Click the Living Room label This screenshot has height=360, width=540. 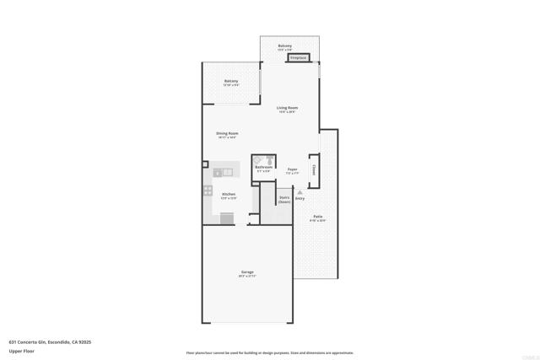click(288, 108)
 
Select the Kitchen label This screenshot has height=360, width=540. click(229, 194)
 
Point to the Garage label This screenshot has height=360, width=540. click(247, 271)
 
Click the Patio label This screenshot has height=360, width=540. click(317, 217)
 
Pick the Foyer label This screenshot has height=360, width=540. click(292, 169)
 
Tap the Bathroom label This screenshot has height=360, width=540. click(263, 168)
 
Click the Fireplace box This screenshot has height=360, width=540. click(300, 58)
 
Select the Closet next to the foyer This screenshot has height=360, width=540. click(314, 169)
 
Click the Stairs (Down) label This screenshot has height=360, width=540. click(284, 201)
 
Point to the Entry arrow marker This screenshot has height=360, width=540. click(300, 193)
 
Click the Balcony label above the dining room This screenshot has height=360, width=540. click(230, 81)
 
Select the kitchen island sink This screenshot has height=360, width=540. click(225, 172)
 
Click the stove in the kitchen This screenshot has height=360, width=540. click(208, 191)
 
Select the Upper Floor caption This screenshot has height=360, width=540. click(21, 351)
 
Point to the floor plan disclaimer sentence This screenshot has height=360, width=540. click(270, 352)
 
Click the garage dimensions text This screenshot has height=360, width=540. click(247, 276)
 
